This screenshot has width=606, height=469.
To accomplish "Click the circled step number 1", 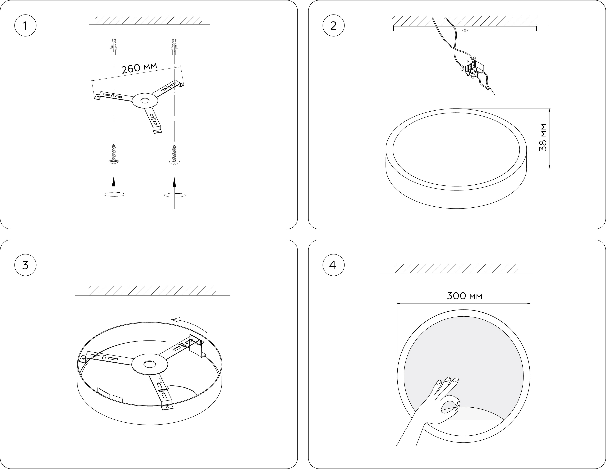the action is point(25,26).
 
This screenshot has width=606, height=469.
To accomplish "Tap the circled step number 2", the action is point(333,26).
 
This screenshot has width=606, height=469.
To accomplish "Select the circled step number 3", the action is point(25,265).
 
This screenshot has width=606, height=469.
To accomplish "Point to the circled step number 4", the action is point(333,265).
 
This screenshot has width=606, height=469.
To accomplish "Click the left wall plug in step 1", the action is point(113,46).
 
